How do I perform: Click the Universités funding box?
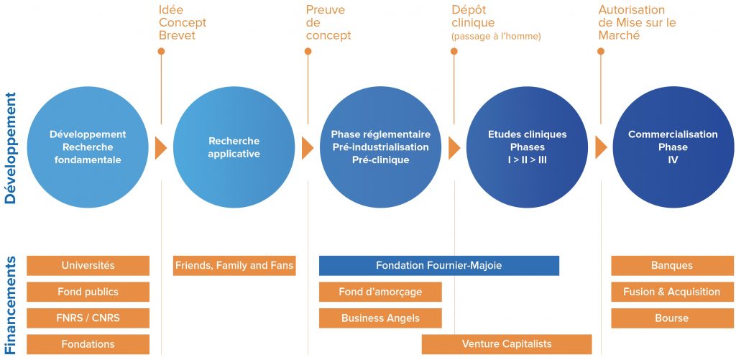pos(88,266)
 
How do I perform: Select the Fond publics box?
pos(88,292)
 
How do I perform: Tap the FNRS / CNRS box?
pos(88,318)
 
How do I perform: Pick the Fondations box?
pos(88,344)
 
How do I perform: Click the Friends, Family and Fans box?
pos(234,266)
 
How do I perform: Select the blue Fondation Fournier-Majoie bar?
pos(439,266)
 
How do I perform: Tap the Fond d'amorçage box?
pos(380,292)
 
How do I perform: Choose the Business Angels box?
pos(380,318)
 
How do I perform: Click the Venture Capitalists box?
pos(507,344)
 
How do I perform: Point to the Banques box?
pos(672,266)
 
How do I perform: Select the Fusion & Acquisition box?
pos(672,292)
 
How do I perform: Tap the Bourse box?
pos(672,318)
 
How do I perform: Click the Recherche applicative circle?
pos(234,147)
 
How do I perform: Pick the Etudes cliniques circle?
pos(527,147)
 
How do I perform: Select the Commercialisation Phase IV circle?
pos(673,147)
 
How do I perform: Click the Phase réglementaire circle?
pos(381,147)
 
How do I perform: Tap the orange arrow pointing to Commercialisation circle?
pos(601,147)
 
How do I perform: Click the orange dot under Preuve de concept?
pos(308,51)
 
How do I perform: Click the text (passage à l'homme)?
pos(496,37)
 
